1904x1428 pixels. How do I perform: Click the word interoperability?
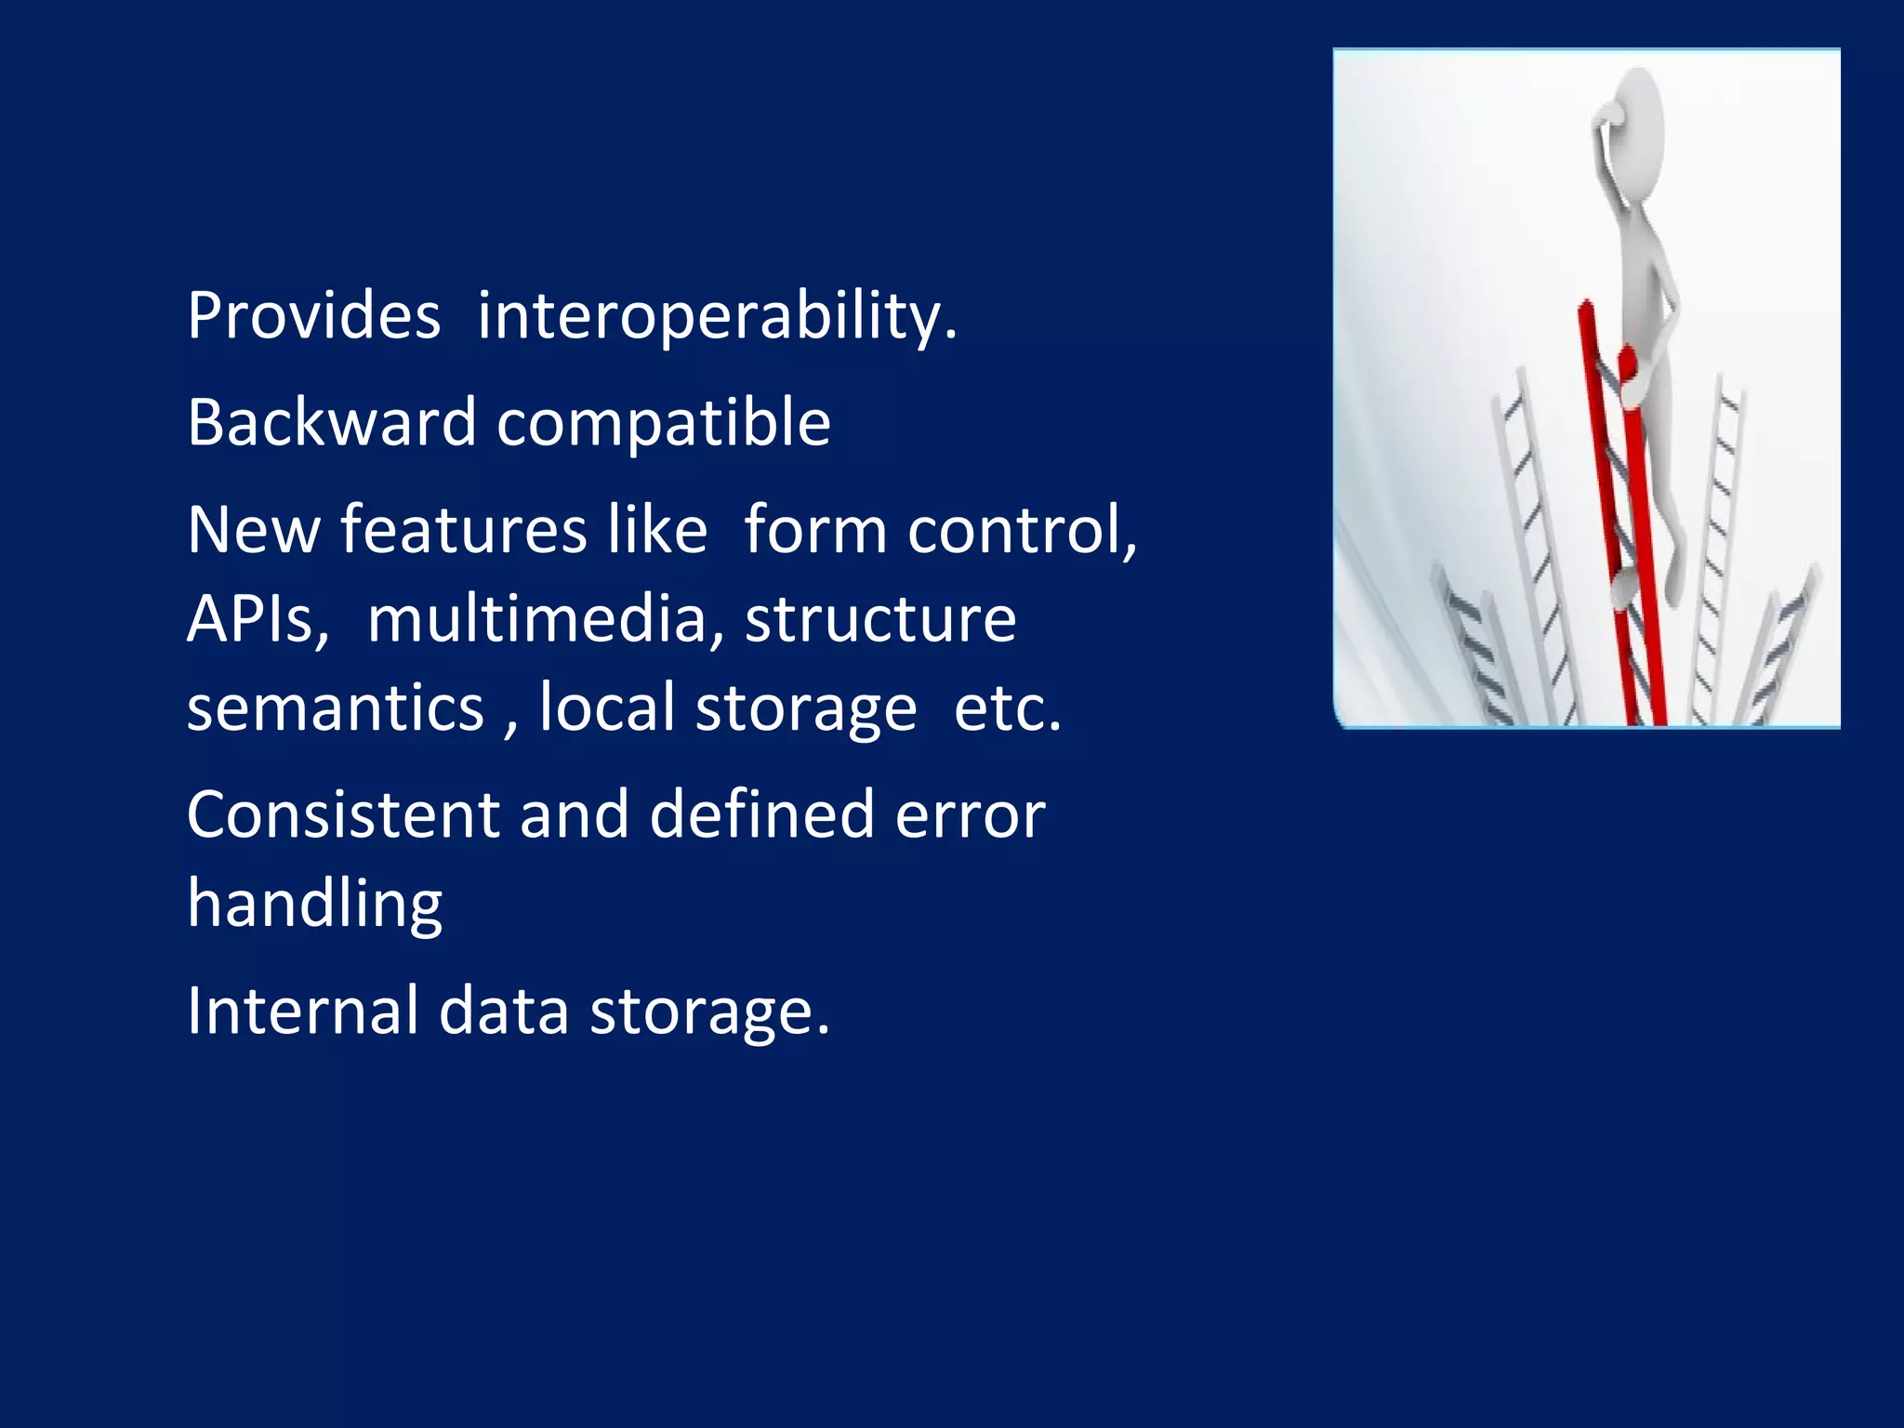pos(716,316)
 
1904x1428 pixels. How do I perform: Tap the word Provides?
pos(313,316)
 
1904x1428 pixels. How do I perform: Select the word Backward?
pos(332,423)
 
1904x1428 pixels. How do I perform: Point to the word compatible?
pos(663,423)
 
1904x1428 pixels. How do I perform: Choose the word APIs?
pos(258,619)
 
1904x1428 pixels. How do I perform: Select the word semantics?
pos(336,708)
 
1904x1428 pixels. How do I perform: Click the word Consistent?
pos(342,815)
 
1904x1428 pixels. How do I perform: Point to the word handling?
pos(314,905)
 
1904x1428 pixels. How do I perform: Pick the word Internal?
pos(302,1011)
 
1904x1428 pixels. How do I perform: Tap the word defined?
pos(762,815)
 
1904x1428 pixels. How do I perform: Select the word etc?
pos(1007,708)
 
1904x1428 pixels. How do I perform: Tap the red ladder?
pos(1622,521)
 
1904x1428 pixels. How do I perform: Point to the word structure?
pos(880,619)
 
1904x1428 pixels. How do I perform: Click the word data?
pos(503,1011)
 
